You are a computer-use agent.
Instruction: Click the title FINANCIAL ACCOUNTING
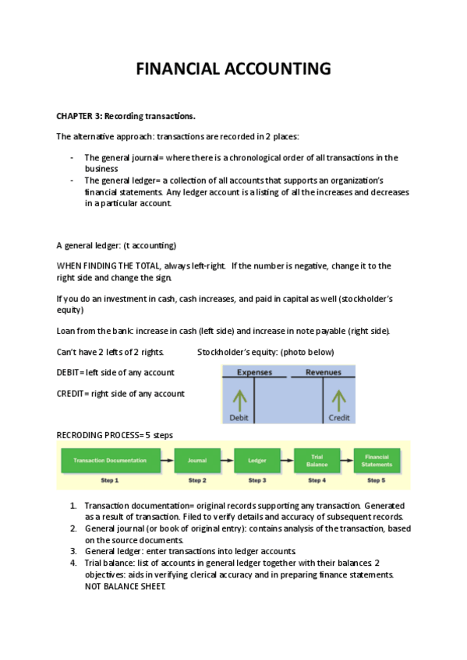point(234,68)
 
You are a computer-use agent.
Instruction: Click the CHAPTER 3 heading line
point(126,116)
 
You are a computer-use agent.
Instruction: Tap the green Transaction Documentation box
point(111,461)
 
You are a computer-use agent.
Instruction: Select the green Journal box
point(197,461)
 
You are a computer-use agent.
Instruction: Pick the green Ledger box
point(257,461)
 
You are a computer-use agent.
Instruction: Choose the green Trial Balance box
point(317,461)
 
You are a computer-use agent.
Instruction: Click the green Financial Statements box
point(377,461)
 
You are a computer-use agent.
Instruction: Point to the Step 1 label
point(110,480)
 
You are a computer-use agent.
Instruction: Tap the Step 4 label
point(317,480)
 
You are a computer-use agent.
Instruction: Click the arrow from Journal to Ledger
point(227,461)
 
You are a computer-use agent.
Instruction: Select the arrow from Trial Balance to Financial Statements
point(347,461)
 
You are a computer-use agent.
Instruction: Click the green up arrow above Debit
point(240,400)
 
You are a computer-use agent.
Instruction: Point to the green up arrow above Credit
point(339,400)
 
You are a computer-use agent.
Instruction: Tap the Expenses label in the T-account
point(255,372)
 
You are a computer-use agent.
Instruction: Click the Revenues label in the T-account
point(324,372)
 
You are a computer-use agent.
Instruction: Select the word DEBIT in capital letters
point(68,373)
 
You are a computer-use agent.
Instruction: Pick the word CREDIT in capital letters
point(70,394)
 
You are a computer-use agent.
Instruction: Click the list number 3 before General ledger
point(73,551)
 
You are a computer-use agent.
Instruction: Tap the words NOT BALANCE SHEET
point(126,587)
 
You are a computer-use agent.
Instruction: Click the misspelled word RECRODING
point(79,435)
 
